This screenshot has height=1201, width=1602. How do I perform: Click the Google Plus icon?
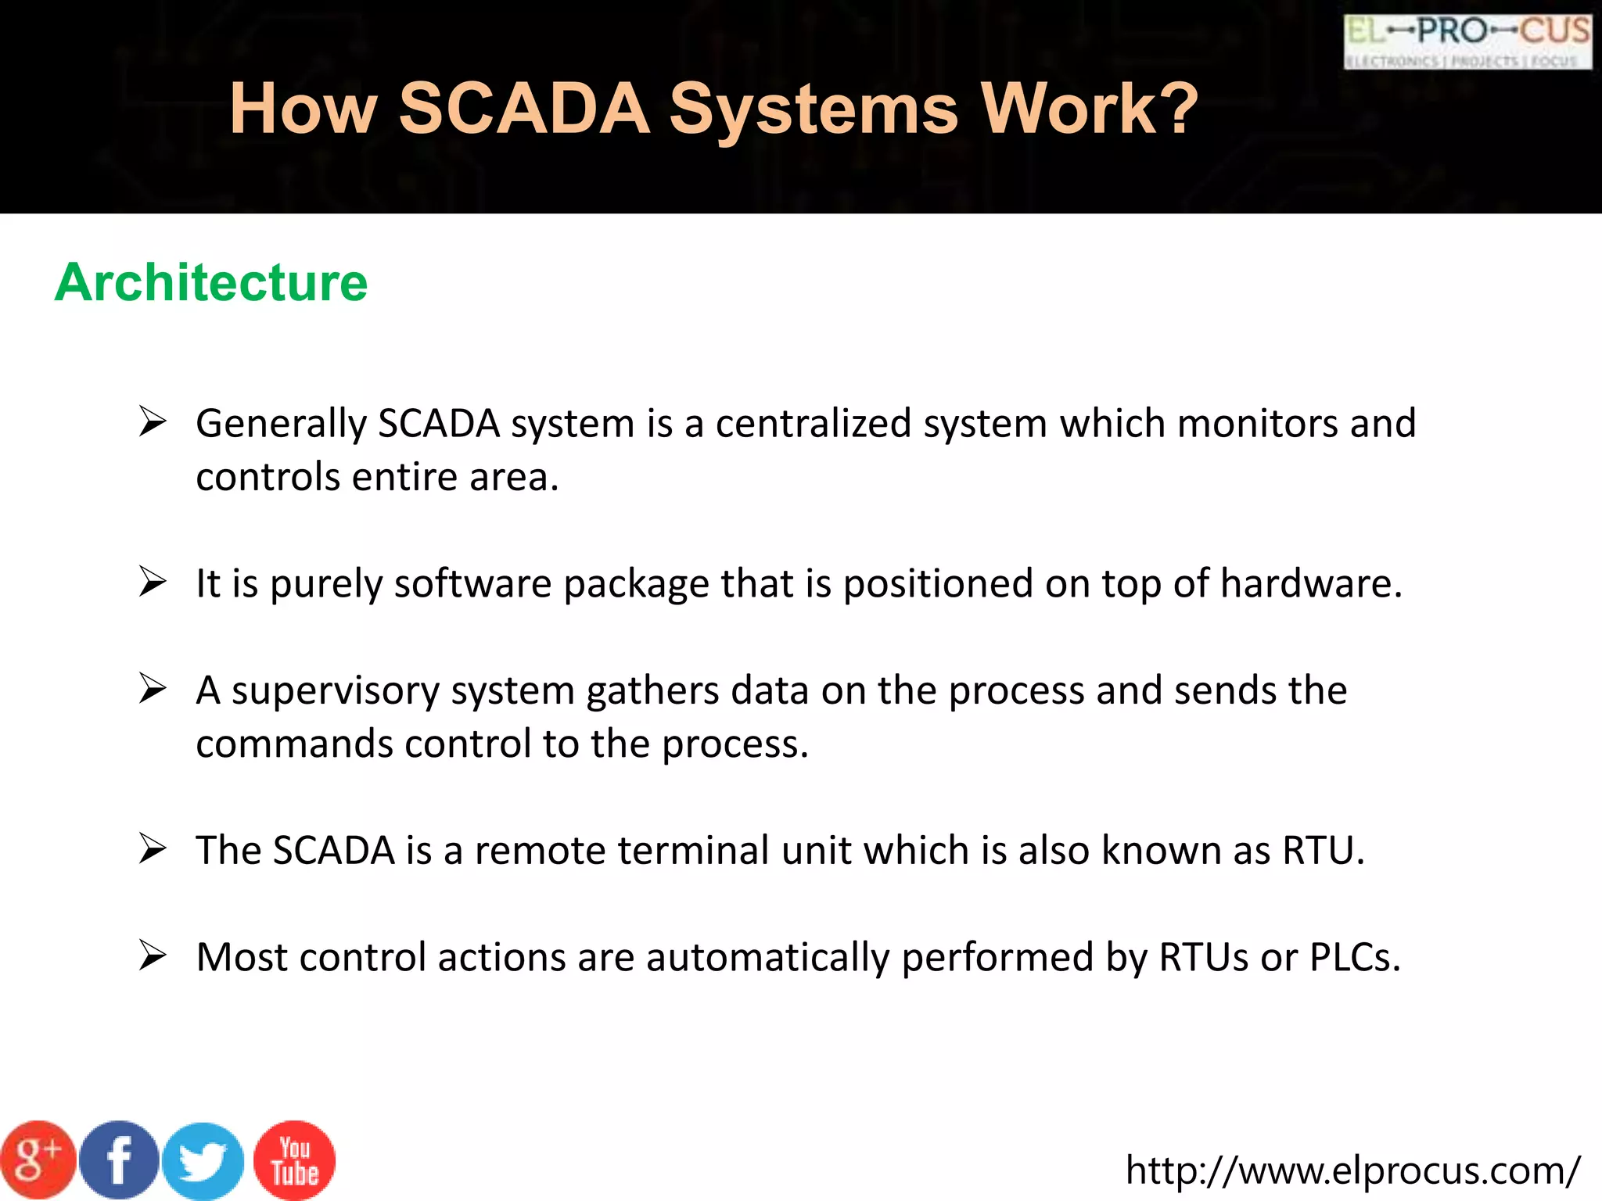coord(38,1160)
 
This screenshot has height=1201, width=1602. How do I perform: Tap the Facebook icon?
coord(119,1160)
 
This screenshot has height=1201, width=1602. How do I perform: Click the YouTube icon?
coord(295,1160)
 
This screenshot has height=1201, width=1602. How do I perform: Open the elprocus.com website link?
coord(1352,1171)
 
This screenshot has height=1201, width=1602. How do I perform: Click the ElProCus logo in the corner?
coord(1467,41)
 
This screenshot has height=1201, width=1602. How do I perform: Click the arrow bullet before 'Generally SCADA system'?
coord(153,422)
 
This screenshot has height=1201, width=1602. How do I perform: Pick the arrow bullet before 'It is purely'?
coord(153,583)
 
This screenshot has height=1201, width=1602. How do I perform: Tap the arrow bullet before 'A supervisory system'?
coord(153,689)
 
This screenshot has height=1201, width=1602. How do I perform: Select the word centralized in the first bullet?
coord(814,424)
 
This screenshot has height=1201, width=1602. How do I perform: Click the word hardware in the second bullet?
coord(1311,584)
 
